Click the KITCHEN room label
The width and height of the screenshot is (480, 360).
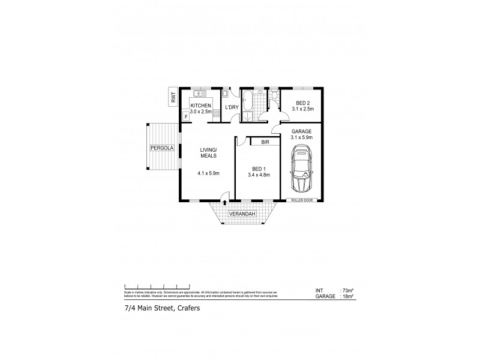coord(200,106)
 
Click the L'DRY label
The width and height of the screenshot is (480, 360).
coord(232,107)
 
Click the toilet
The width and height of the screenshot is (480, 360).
coord(274,94)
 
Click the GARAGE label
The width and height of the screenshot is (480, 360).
coord(302,131)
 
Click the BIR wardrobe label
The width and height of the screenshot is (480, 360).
coord(265,142)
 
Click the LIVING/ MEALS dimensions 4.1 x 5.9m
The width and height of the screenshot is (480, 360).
coord(208,174)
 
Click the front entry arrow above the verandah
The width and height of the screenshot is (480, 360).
coord(223,196)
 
